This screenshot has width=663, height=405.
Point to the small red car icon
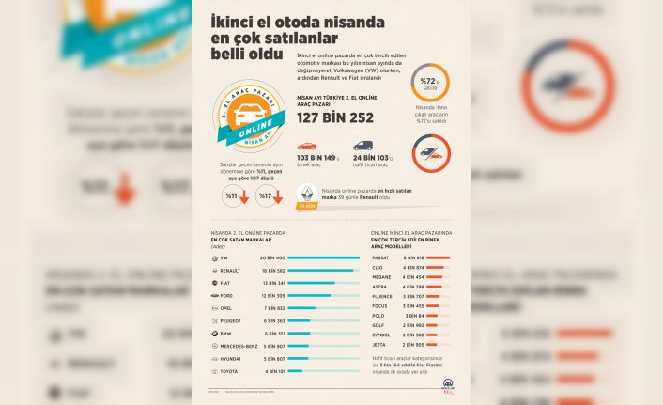tap(306, 148)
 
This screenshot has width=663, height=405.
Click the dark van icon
tap(362, 147)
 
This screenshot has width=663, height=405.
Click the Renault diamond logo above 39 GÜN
tap(306, 191)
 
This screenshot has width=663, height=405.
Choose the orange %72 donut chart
tap(429, 83)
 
